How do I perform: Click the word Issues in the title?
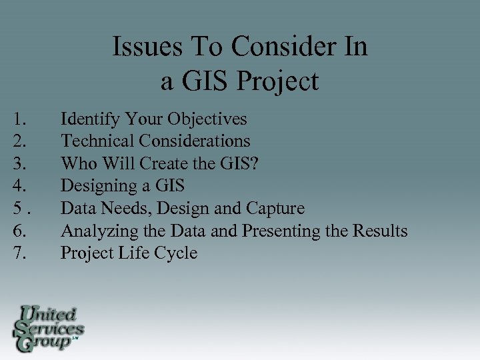click(142, 47)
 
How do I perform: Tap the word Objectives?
click(207, 119)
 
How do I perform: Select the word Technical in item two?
click(97, 141)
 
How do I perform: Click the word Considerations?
click(195, 141)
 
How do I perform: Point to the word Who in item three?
click(76, 164)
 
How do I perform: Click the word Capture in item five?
click(275, 209)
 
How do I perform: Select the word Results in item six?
click(381, 231)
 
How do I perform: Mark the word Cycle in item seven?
click(177, 253)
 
